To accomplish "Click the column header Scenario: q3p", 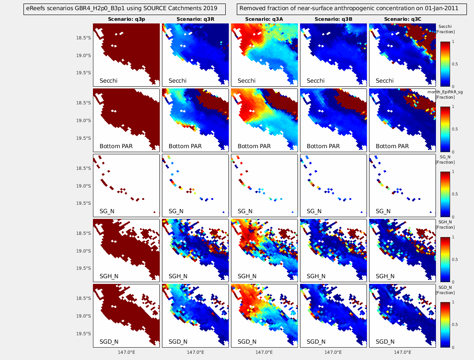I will [126, 19].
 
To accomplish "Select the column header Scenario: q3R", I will [195, 19].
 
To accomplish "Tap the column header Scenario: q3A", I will [264, 19].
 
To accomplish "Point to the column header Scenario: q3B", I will [333, 19].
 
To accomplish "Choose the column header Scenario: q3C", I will [402, 19].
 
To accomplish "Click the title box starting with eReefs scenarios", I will [124, 8].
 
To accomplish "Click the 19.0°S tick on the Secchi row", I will [84, 56].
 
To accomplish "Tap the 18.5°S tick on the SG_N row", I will [84, 169].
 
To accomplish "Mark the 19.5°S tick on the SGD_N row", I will [84, 333].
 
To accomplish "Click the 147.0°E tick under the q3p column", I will [126, 352].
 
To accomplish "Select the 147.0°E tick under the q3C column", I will [402, 352].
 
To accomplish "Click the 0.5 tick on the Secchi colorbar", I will [454, 64].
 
